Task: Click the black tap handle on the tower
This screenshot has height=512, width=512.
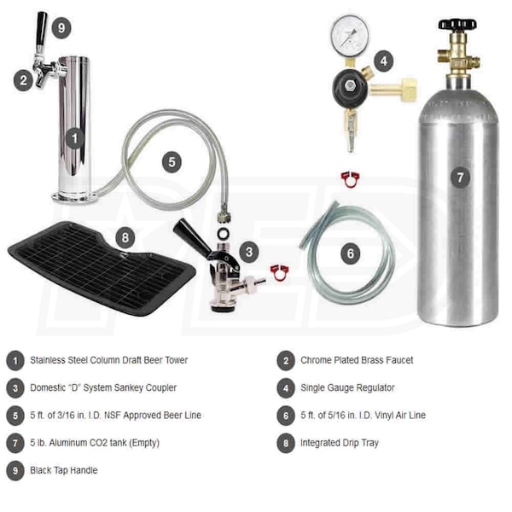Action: point(41,29)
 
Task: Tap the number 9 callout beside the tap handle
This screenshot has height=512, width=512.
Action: point(61,28)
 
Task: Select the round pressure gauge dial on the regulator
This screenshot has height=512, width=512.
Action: point(349,36)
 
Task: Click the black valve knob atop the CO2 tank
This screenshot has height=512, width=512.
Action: point(457,24)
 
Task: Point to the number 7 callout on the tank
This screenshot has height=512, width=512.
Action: point(461,177)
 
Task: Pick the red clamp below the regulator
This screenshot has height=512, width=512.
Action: point(350,179)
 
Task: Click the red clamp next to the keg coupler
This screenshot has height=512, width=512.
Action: point(280,273)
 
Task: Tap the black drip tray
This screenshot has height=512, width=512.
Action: point(102,268)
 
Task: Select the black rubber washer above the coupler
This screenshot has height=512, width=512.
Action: point(224,234)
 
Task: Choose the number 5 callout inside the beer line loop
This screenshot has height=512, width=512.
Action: point(172,162)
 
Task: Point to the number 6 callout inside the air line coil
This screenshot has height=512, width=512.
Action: point(351,253)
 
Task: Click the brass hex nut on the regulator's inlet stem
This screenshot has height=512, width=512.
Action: point(408,89)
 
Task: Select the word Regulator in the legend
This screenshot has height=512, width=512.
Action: point(375,387)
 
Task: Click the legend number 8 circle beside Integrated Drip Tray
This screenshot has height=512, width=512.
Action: point(286,443)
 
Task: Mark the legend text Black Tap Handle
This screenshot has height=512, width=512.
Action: point(64,470)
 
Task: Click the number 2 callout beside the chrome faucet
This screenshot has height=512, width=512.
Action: point(23,80)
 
